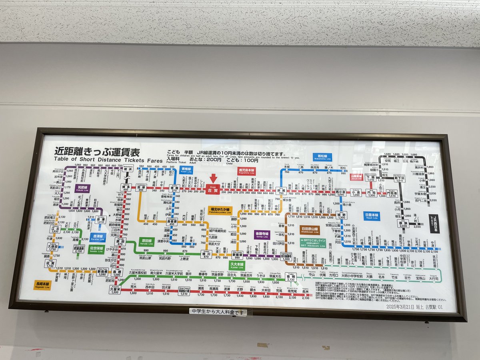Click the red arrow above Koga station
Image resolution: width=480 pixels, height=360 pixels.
click(214, 178)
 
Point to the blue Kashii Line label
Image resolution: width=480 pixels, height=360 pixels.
click(186, 170)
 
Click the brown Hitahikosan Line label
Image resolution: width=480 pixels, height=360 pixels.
click(310, 230)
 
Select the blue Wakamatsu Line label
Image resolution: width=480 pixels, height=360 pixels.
click(322, 157)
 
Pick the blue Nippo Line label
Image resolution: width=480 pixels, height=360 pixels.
click(372, 216)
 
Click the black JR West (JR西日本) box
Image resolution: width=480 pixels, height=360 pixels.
click(433, 224)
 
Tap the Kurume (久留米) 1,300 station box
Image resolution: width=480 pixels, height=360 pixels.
click(115, 290)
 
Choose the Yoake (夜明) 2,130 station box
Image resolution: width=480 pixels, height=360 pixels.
click(291, 277)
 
